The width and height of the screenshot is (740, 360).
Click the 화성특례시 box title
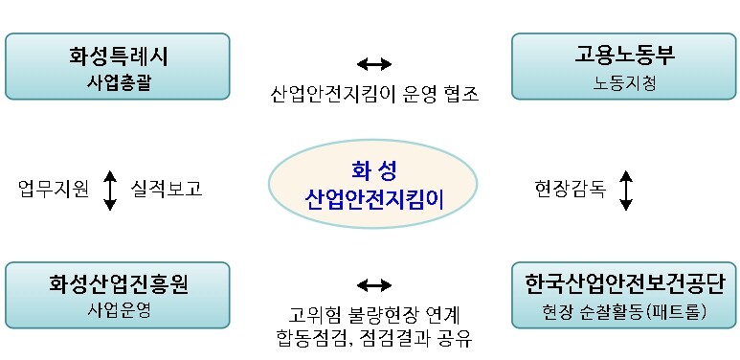coord(118,56)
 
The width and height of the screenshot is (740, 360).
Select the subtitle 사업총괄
coord(118,81)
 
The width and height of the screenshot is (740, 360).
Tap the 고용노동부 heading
coord(624,56)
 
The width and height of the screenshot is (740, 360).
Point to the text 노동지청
coord(624,82)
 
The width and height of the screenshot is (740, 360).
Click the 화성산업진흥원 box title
coord(118,283)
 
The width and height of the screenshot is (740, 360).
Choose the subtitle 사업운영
coord(118,310)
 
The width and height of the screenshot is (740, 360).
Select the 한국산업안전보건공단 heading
coord(624,283)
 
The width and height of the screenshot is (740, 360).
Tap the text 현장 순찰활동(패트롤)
coord(624,311)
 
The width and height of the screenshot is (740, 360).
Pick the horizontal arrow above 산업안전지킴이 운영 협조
coord(373,64)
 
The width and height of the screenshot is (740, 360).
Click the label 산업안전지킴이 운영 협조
coord(373,95)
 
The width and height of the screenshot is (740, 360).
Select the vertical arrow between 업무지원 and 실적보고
coord(110,190)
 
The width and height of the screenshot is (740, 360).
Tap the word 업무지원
coord(54,189)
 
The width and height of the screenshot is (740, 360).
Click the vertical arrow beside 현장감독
coord(626,190)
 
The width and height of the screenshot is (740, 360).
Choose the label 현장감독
coord(571,189)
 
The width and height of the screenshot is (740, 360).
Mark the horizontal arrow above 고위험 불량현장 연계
coord(373,285)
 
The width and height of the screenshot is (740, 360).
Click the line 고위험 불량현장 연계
coord(373,314)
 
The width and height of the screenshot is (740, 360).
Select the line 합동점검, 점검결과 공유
coord(373,338)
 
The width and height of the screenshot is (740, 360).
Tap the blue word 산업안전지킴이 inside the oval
coord(373,199)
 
